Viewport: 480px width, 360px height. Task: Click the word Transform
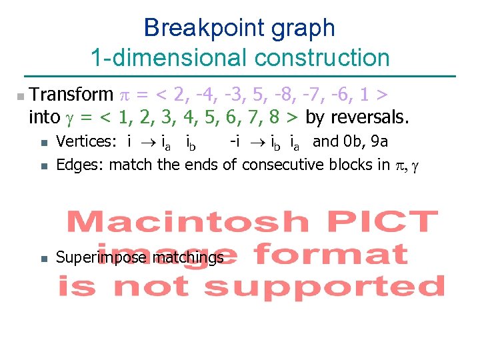coord(72,95)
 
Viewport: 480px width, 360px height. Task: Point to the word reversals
coord(368,117)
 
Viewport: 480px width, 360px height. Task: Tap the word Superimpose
coord(102,257)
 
